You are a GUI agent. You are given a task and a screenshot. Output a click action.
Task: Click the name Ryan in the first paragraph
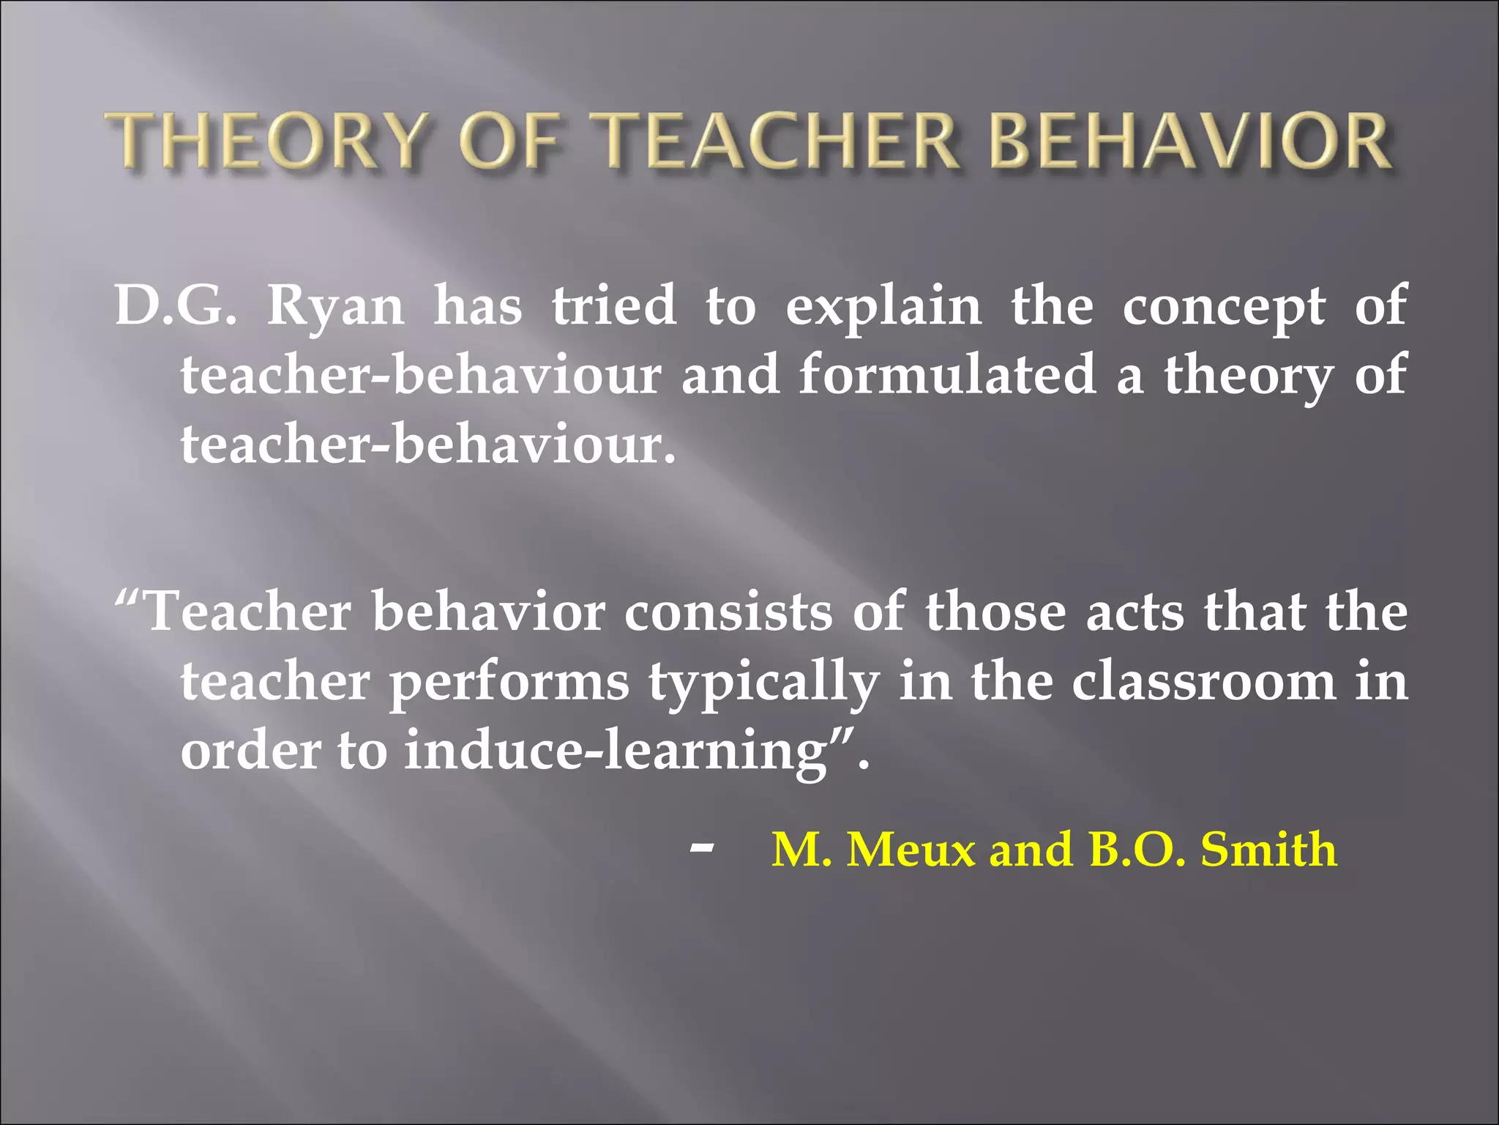(335, 306)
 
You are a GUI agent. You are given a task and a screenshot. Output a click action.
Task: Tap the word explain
(883, 306)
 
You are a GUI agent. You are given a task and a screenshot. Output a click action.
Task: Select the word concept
(1224, 306)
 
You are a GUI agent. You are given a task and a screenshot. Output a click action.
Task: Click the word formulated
(948, 374)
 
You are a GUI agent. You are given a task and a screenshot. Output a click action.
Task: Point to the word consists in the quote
(728, 612)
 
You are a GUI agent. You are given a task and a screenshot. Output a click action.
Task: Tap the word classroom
(1204, 681)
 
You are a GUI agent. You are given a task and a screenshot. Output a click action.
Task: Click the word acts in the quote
(1134, 612)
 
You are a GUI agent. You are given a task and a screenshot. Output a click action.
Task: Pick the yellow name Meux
(911, 850)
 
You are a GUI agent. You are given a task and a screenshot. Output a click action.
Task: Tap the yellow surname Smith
(1268, 850)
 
